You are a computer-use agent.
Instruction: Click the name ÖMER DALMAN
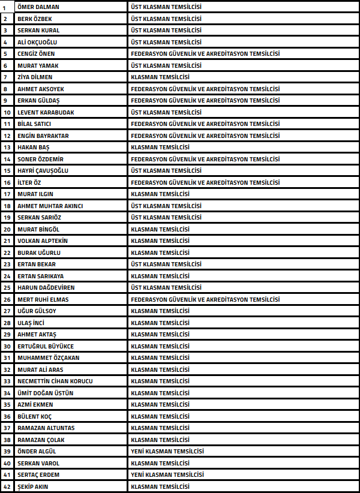point(38,7)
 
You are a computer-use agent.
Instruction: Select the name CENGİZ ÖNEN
point(36,53)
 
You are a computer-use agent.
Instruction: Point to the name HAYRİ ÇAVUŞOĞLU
point(43,170)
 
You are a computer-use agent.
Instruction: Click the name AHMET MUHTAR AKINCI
point(50,206)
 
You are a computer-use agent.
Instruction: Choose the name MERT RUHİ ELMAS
point(43,299)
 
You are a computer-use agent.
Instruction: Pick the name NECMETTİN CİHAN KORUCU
point(55,381)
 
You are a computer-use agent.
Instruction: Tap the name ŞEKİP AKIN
point(33,486)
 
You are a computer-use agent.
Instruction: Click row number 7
point(7,77)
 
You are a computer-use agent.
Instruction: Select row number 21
point(7,241)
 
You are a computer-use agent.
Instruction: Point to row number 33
point(7,381)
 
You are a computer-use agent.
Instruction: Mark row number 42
point(7,486)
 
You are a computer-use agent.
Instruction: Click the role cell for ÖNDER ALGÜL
point(167,451)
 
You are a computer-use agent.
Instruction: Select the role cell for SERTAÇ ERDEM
point(167,474)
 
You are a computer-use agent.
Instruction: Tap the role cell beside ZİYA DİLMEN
point(160,77)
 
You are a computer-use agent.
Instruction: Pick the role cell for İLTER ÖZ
point(205,182)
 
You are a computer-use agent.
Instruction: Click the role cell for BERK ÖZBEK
point(166,19)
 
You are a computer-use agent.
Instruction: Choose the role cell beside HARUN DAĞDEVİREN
point(166,287)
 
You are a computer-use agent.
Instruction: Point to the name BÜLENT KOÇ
point(35,416)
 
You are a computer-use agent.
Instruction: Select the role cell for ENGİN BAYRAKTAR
point(205,136)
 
